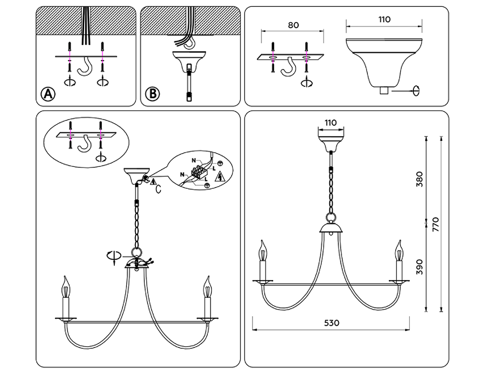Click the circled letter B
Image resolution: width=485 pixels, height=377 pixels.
click(152, 94)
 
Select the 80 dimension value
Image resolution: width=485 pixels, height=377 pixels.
click(293, 25)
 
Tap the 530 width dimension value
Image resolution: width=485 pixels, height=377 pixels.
click(331, 323)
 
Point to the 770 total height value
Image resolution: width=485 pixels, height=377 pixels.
click(435, 224)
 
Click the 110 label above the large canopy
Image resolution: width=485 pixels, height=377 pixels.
click(385, 19)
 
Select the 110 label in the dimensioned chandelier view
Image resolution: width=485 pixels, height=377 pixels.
click(331, 123)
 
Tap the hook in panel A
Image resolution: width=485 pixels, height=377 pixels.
click(85, 67)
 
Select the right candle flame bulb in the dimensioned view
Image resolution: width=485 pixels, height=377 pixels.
click(399, 251)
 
